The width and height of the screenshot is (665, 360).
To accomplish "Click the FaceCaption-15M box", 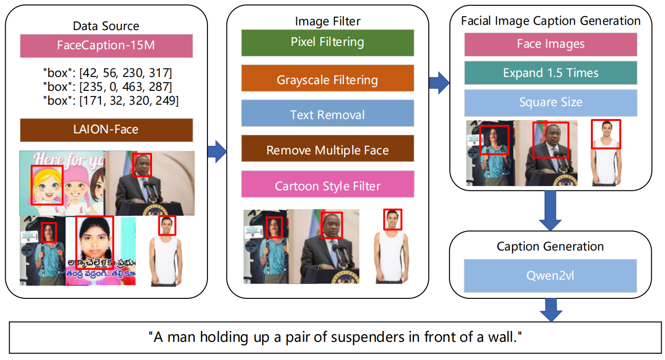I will point(106,46).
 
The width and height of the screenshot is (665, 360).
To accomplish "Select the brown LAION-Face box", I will point(106,130).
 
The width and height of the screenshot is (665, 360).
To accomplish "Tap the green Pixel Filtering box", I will point(327,43).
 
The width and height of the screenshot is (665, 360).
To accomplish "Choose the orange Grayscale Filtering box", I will point(327,79).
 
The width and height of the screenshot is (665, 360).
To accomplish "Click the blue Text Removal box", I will point(327,115).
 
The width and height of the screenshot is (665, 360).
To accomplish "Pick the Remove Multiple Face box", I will point(327,150).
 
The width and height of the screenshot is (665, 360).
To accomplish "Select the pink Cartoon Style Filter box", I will point(327,185).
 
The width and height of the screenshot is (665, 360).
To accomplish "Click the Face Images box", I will point(550,44).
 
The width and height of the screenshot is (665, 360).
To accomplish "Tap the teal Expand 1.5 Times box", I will point(550,73).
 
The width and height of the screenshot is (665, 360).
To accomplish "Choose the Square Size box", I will point(550,102).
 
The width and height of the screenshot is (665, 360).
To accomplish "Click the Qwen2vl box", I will point(550,276).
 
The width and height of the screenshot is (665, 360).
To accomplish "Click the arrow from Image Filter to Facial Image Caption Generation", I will point(439,84).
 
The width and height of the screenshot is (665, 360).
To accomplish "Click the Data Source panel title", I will point(106,26).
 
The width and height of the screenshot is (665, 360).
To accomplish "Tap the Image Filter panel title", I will point(327,21).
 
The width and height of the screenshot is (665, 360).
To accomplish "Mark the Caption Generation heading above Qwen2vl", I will point(550,247).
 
